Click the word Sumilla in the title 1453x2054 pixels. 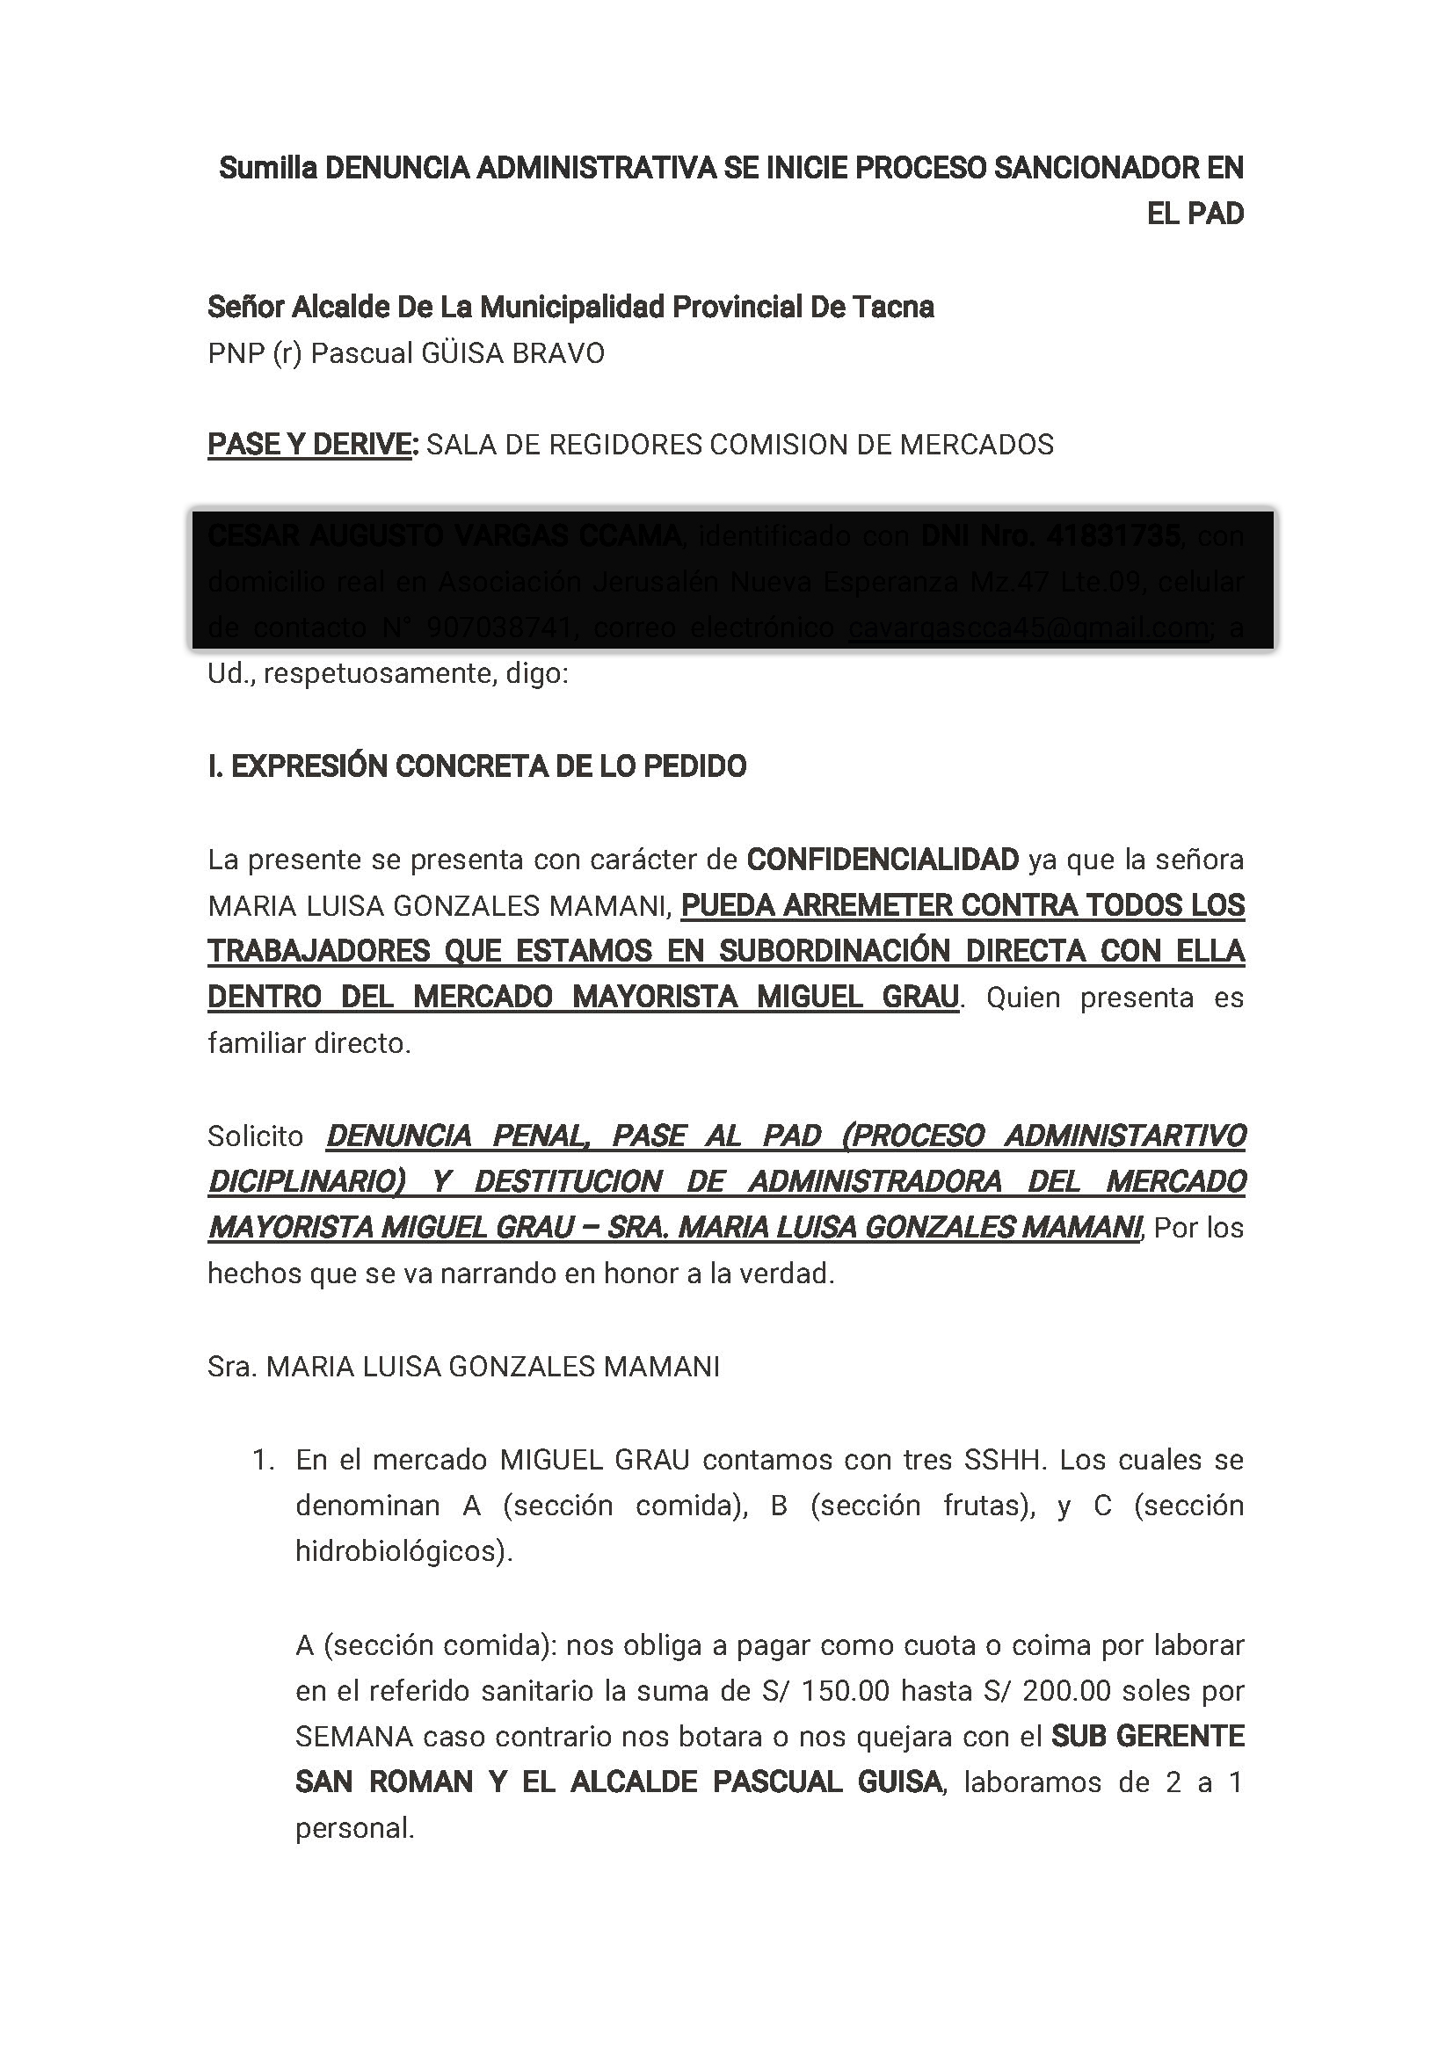[267, 167]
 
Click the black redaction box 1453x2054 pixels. [732, 580]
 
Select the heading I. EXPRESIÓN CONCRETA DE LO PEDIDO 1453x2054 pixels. [477, 766]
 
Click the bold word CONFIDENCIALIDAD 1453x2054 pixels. [883, 860]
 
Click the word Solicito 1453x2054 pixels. [256, 1136]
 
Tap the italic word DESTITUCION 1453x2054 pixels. [569, 1182]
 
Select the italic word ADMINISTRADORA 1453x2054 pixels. [875, 1182]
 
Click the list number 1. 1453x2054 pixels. [262, 1460]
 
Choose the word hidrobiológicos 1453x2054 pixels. [403, 1551]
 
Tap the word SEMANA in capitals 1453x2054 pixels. [354, 1737]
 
